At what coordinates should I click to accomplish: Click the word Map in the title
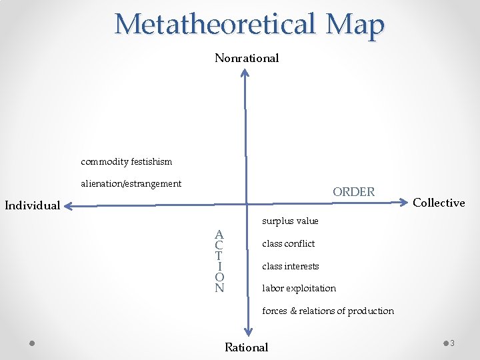click(355, 25)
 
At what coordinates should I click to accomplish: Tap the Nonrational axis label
click(247, 58)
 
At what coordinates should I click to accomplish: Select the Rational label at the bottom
click(247, 347)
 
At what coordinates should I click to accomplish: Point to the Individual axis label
click(33, 205)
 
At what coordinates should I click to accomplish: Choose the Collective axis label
click(439, 203)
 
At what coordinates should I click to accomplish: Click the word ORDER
click(353, 192)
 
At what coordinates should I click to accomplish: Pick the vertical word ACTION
click(219, 261)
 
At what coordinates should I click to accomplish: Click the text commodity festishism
click(126, 162)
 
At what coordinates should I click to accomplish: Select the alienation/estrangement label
click(131, 183)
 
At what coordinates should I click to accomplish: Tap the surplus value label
click(290, 221)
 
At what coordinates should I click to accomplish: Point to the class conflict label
click(288, 244)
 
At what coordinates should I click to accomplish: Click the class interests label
click(290, 267)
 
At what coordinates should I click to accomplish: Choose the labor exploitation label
click(299, 289)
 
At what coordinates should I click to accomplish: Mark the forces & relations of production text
click(327, 311)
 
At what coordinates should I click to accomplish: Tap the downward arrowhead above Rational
click(247, 331)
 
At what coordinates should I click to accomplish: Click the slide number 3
click(452, 343)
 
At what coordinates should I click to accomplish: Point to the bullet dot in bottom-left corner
click(32, 343)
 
